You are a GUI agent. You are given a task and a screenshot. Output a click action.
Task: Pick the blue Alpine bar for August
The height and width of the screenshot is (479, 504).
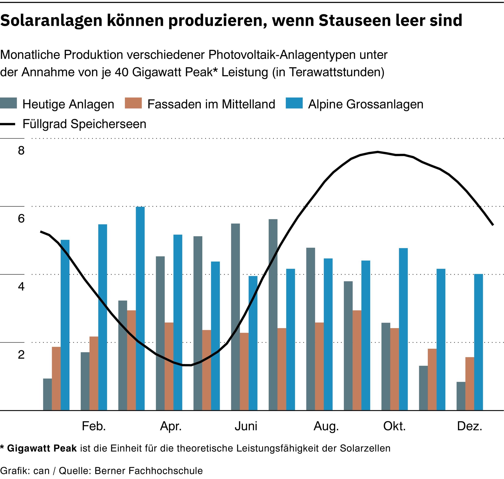328,334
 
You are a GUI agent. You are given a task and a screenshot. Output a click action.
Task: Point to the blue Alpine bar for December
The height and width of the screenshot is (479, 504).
478,342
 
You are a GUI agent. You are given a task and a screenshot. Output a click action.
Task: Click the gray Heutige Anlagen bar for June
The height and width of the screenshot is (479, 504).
236,317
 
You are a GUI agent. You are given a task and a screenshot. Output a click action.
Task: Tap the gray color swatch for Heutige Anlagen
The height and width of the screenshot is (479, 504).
8,103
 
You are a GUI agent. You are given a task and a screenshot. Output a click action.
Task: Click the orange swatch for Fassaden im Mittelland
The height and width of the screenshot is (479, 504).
133,103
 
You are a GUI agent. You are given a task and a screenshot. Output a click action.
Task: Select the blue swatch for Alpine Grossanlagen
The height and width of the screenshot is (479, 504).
294,103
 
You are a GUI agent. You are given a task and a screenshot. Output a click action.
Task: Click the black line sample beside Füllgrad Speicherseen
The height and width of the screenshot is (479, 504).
8,124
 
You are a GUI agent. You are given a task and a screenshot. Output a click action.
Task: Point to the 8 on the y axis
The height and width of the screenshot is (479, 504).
21,151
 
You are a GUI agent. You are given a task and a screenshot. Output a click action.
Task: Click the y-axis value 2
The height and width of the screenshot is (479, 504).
21,355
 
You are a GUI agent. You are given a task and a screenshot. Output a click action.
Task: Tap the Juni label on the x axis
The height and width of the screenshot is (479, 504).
246,426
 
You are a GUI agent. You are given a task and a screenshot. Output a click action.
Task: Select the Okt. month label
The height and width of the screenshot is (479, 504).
394,426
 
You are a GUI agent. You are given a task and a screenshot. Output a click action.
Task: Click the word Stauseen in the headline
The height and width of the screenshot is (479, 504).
354,20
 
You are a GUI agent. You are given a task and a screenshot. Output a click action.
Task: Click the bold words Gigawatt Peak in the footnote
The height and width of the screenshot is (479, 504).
42,448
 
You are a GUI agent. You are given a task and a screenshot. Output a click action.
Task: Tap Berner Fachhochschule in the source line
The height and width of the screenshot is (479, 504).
149,470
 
